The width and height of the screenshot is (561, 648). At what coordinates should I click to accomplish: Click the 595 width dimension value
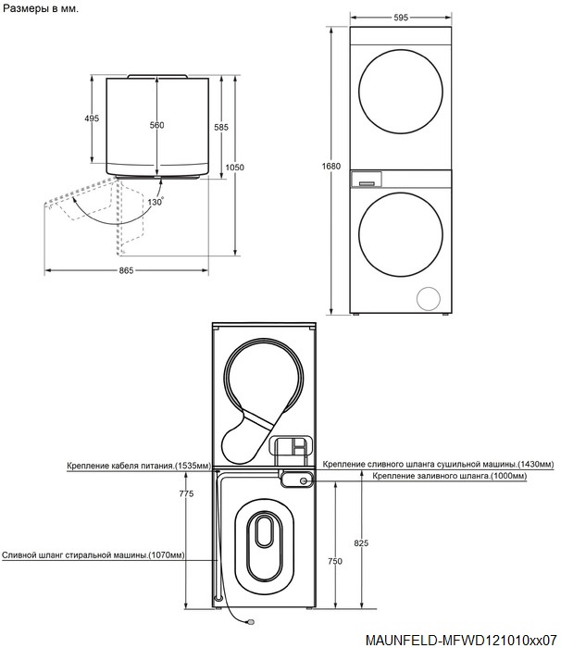click(401, 18)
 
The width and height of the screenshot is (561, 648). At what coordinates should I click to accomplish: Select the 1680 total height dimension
click(331, 166)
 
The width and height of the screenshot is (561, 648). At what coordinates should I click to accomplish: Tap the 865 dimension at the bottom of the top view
click(126, 270)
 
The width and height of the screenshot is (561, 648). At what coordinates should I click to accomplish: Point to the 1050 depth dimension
click(234, 168)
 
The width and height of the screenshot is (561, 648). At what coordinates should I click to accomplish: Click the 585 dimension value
click(220, 128)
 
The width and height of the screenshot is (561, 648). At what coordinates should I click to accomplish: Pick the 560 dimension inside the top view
click(156, 125)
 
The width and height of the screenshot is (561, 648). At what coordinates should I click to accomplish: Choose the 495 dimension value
click(92, 118)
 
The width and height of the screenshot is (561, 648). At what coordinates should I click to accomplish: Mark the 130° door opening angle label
click(156, 202)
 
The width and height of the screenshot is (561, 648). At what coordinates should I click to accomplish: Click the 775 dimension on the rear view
click(186, 493)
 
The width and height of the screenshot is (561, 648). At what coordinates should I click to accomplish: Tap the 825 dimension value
click(361, 543)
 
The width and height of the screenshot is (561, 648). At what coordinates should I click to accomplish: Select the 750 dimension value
click(335, 561)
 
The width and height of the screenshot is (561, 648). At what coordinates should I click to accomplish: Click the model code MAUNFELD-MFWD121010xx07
click(461, 640)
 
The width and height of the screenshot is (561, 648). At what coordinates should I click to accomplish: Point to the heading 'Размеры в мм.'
click(41, 8)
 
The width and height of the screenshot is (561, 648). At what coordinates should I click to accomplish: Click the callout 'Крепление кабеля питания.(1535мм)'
click(139, 466)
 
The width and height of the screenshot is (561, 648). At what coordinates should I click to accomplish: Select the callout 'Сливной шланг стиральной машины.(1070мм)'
click(93, 555)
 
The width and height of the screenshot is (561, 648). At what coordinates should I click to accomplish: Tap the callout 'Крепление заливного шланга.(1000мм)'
click(450, 476)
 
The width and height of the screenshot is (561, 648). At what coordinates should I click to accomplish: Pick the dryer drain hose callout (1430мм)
click(438, 464)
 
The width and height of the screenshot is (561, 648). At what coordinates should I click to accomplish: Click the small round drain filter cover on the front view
click(429, 298)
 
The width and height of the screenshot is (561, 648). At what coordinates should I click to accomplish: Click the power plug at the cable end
click(249, 621)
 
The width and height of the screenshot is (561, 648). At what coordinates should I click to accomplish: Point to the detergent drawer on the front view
click(367, 180)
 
